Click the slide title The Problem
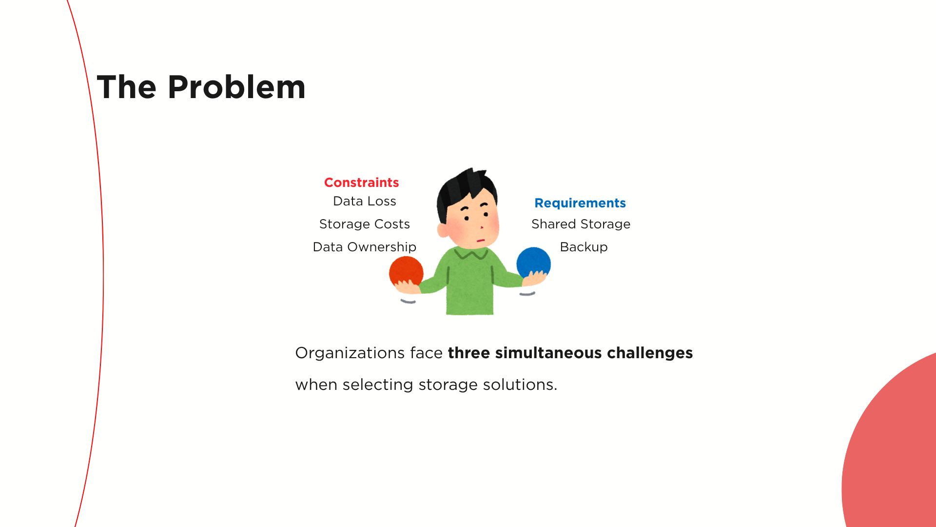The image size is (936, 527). (201, 87)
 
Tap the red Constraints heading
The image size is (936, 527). (362, 182)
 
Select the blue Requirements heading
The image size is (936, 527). (580, 203)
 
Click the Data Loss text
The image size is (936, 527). (365, 201)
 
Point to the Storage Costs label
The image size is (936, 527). (365, 224)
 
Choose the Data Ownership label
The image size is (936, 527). (365, 247)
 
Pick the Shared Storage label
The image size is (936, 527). (581, 224)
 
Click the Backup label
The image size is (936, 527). (584, 247)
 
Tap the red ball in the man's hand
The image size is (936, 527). (406, 271)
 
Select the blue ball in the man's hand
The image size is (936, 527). (534, 263)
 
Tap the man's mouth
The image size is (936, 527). (481, 240)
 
